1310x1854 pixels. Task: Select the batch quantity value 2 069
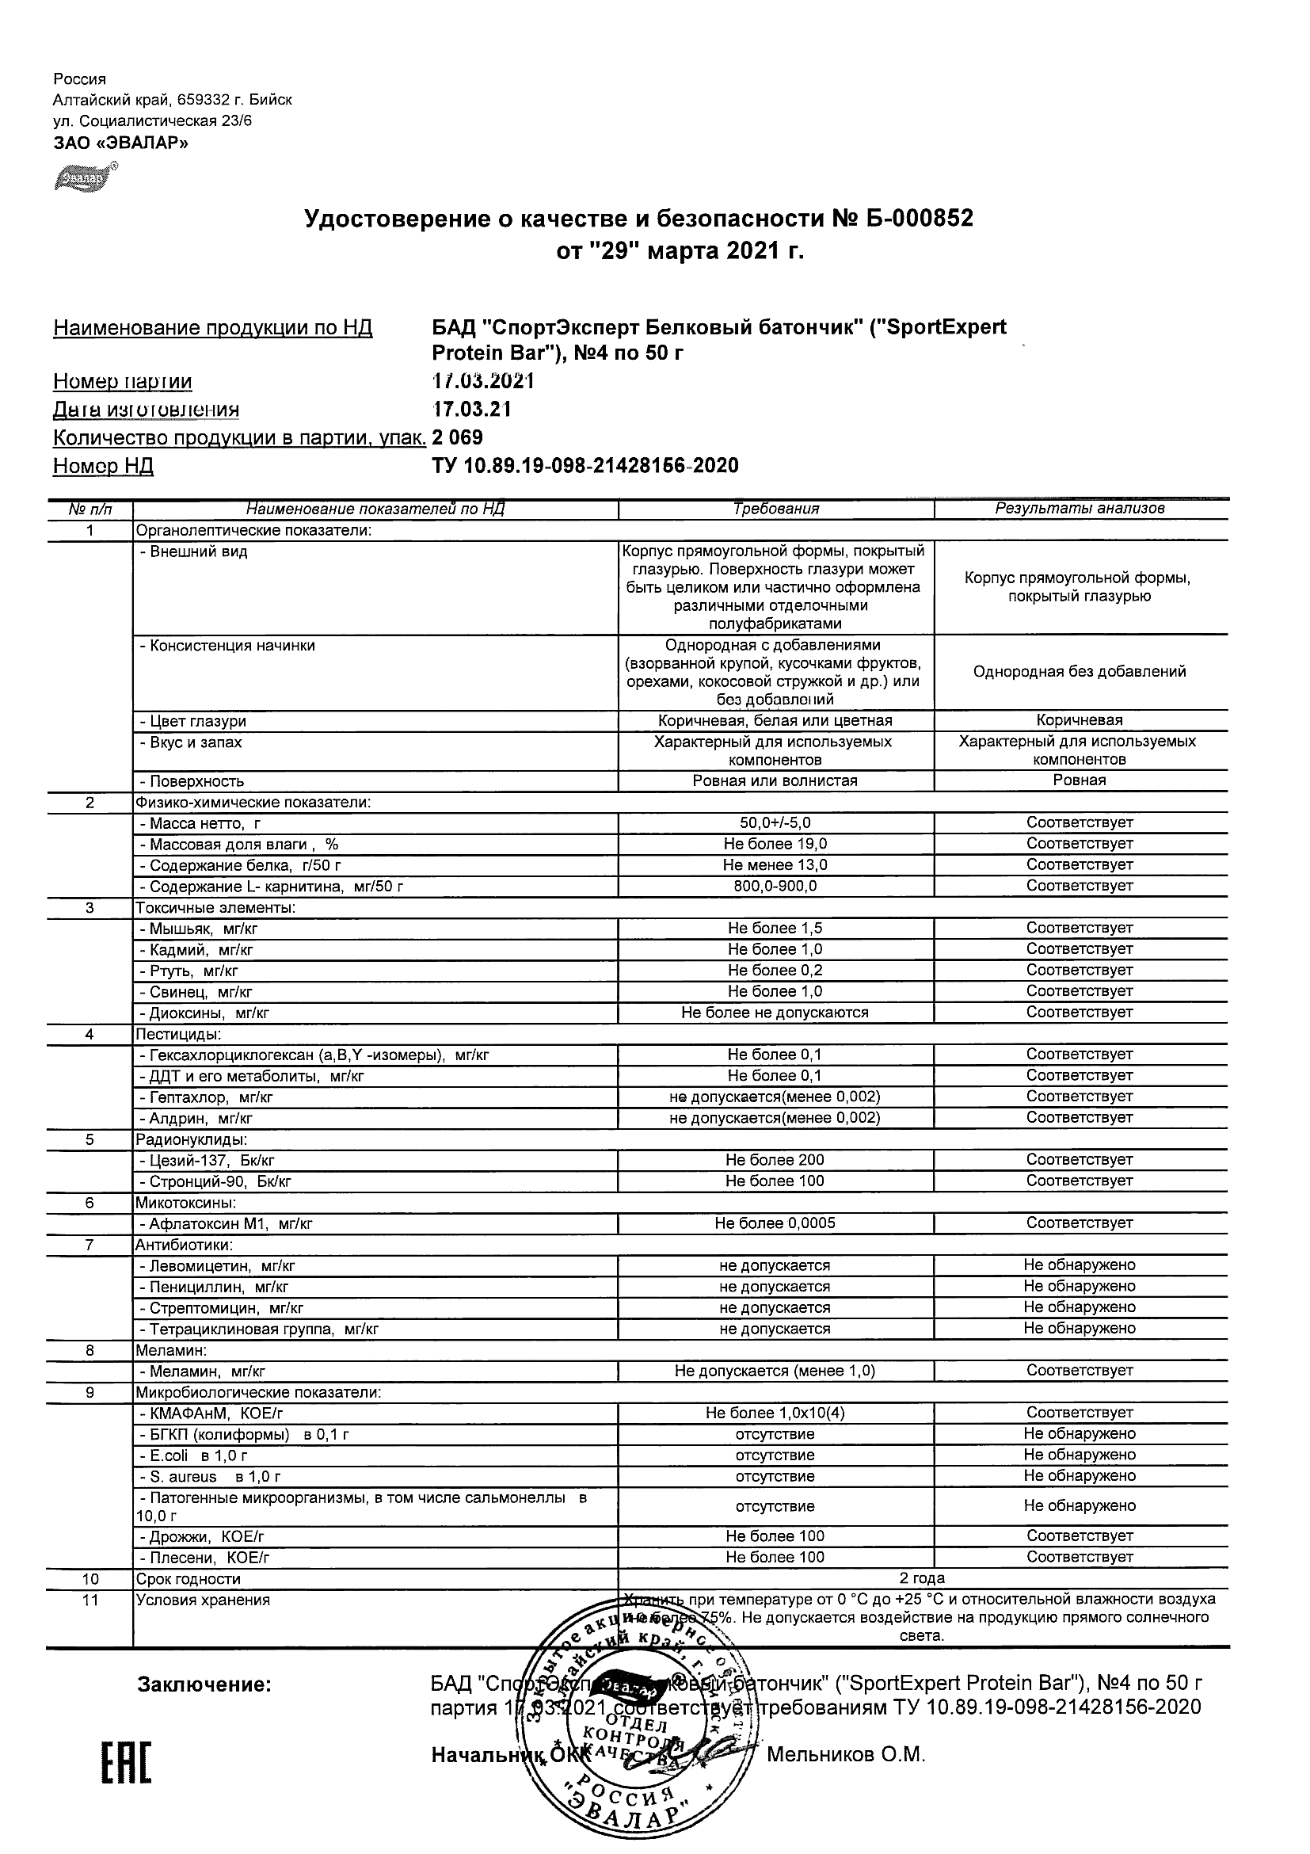pyautogui.click(x=458, y=437)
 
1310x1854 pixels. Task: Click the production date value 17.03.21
pyautogui.click(x=471, y=410)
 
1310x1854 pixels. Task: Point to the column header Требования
pyautogui.click(x=775, y=509)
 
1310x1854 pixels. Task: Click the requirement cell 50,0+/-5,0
pyautogui.click(x=775, y=823)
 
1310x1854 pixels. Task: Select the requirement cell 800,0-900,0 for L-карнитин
pyautogui.click(x=775, y=886)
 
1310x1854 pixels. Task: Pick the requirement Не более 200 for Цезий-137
pyautogui.click(x=775, y=1161)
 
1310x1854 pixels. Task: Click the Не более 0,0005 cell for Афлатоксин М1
pyautogui.click(x=775, y=1223)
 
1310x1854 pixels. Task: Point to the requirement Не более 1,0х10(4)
pyautogui.click(x=775, y=1413)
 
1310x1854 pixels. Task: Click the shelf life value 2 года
pyautogui.click(x=922, y=1578)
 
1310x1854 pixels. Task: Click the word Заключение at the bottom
pyautogui.click(x=204, y=1684)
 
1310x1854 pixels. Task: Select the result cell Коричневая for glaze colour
pyautogui.click(x=1080, y=720)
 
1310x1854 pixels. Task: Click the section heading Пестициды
pyautogui.click(x=178, y=1035)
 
